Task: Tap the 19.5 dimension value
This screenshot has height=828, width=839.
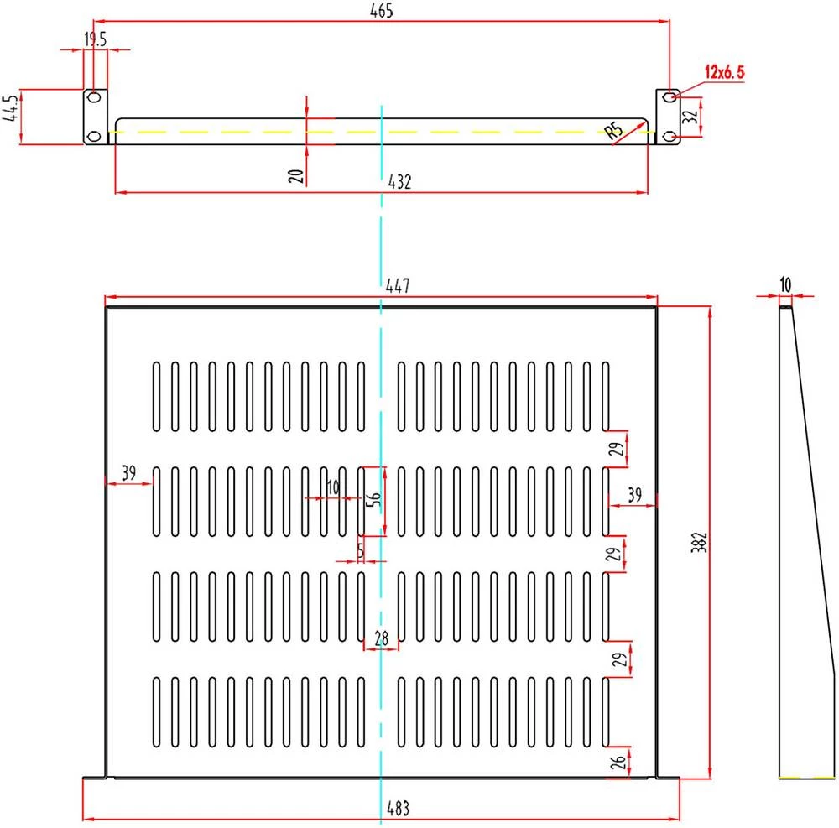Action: [x=95, y=38]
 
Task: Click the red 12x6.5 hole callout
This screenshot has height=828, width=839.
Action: [x=724, y=73]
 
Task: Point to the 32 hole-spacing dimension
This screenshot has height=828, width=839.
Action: [x=691, y=117]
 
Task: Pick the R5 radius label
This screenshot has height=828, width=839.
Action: [x=614, y=130]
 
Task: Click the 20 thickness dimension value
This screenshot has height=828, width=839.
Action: [x=295, y=174]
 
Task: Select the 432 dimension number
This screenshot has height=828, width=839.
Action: [x=400, y=180]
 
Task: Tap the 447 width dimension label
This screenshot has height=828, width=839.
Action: [x=397, y=286]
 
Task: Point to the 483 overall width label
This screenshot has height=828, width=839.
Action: [x=398, y=810]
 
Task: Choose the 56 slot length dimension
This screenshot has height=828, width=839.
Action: [x=375, y=496]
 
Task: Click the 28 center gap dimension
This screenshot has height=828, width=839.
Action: [x=382, y=638]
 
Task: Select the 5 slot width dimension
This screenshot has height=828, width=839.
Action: [x=361, y=550]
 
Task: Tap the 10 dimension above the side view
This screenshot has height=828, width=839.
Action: [x=785, y=285]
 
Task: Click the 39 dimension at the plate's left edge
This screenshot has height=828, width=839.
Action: [x=128, y=472]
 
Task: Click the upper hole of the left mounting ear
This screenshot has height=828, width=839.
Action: [x=95, y=98]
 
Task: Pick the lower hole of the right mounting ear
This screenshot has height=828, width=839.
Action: [x=668, y=136]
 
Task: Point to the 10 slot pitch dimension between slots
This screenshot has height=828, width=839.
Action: [x=333, y=487]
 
